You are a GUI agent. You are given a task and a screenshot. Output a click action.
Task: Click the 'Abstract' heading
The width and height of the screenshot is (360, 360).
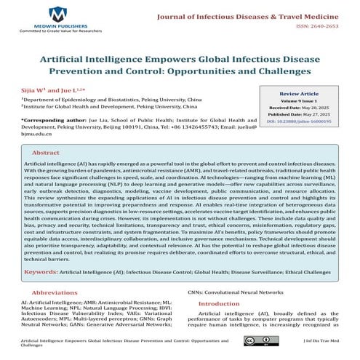[x=47, y=153]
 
